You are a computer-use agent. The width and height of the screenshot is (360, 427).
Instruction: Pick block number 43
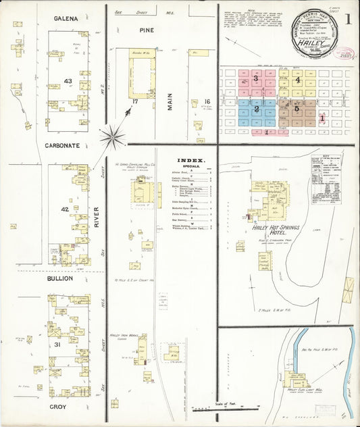click(67, 81)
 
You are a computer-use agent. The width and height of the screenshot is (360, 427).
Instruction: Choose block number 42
click(65, 209)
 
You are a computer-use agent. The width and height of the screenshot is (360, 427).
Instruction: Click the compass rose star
click(112, 136)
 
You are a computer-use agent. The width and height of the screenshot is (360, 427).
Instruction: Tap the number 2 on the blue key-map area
click(256, 108)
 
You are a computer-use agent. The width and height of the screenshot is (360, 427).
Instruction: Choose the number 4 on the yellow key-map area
click(297, 80)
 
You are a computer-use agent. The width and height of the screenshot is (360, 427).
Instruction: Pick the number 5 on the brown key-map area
click(296, 108)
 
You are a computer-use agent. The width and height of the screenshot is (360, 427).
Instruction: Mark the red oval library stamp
click(344, 53)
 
